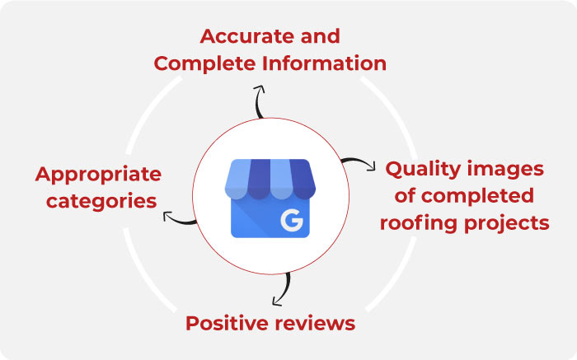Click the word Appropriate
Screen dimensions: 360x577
click(98, 175)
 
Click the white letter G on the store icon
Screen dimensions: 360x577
click(291, 220)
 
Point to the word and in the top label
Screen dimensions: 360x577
click(321, 37)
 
